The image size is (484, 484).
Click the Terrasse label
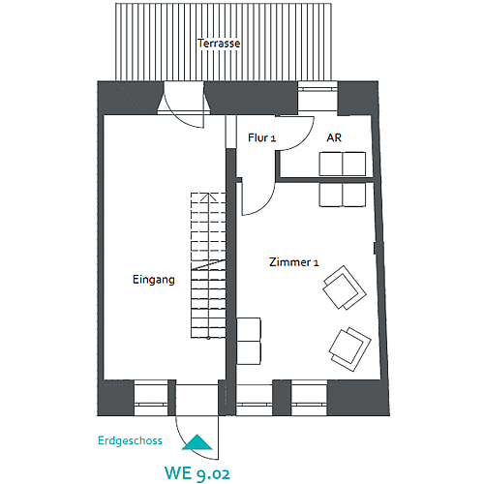(219, 44)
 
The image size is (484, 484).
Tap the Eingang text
(154, 280)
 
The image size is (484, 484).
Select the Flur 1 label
(261, 137)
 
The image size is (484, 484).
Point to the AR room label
(334, 137)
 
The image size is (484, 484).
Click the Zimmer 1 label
(294, 262)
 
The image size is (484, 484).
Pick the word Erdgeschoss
(130, 440)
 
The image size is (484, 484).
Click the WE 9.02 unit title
(197, 473)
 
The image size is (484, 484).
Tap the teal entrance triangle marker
(197, 442)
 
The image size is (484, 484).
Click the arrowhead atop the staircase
(208, 197)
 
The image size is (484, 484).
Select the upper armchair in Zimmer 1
(345, 287)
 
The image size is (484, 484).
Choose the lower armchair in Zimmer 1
(350, 349)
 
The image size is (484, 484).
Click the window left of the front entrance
(151, 399)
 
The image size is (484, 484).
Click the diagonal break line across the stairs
(208, 264)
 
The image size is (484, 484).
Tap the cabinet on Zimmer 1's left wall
(249, 341)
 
